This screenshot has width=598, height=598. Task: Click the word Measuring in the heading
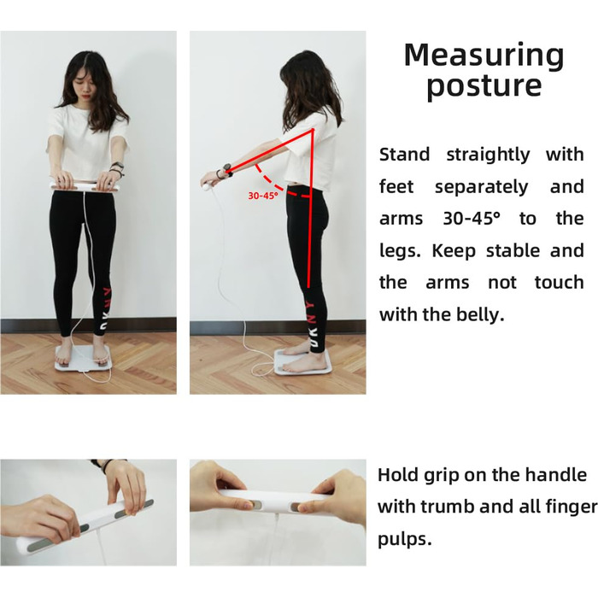484,56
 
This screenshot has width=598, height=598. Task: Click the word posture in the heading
484,86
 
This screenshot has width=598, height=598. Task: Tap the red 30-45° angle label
263,196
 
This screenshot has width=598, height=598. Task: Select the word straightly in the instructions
488,155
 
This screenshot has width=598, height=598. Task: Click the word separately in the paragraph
481,187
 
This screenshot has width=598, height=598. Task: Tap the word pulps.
405,540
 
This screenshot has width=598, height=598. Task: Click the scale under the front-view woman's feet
84,359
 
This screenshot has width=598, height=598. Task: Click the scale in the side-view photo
302,363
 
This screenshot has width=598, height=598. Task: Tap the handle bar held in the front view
85,185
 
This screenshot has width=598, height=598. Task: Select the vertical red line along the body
310,208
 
